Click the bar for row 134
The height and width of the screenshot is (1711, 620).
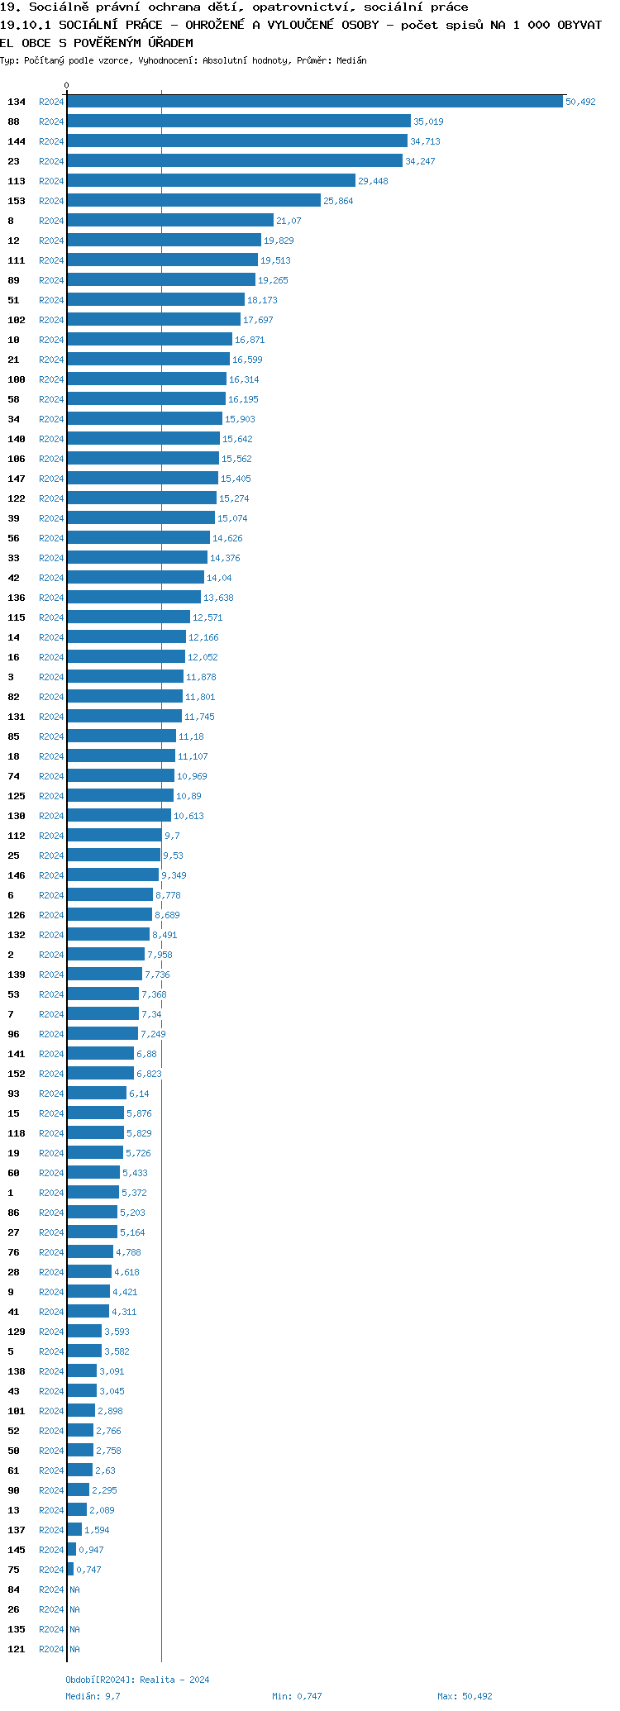[315, 102]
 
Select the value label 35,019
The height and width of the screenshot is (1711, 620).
[428, 122]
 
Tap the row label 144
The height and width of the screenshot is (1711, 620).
[17, 141]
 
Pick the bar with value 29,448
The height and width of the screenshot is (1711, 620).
[212, 181]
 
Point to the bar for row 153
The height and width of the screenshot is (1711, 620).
[194, 201]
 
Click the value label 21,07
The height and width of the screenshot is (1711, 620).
[289, 221]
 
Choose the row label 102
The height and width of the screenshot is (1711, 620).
[17, 320]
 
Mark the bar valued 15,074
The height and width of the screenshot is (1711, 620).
[141, 518]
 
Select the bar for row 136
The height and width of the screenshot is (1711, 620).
[134, 598]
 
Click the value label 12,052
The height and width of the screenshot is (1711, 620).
[203, 657]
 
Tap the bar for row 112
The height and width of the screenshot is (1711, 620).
[115, 836]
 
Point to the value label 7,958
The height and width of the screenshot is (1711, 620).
[160, 955]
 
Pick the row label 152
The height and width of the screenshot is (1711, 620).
[17, 1074]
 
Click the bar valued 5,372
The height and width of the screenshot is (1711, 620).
[93, 1193]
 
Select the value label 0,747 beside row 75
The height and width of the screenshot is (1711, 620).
[88, 1570]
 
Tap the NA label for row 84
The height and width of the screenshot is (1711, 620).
[74, 1589]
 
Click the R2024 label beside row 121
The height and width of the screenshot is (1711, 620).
[51, 1649]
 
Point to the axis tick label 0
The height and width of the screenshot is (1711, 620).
[67, 85]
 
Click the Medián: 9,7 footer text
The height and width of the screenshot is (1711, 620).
[93, 1696]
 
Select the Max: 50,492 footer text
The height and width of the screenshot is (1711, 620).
[465, 1696]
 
